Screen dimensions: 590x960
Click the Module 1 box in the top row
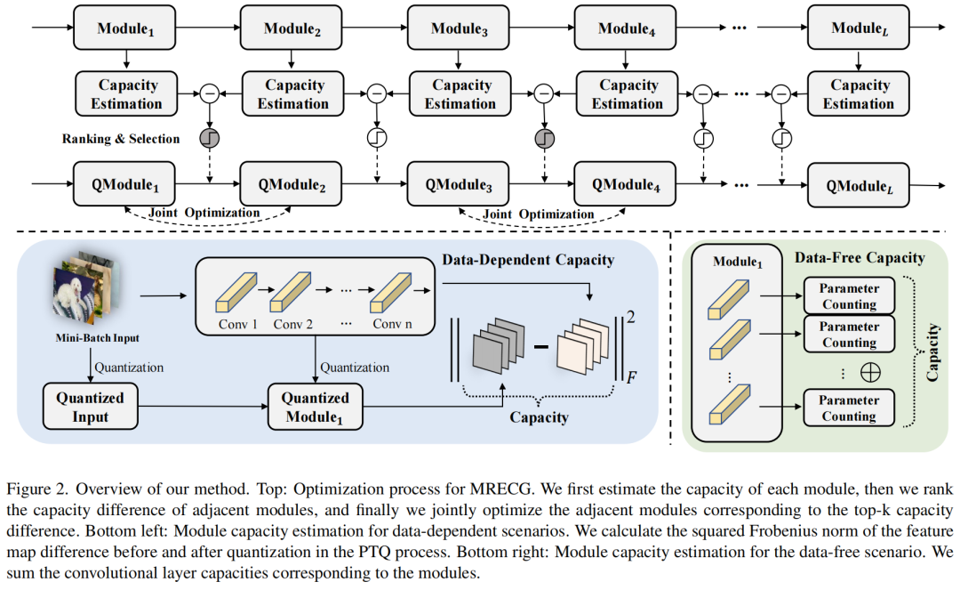pyautogui.click(x=125, y=29)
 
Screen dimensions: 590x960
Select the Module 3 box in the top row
pyautogui.click(x=460, y=29)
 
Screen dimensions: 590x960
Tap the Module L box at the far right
pyautogui.click(x=858, y=29)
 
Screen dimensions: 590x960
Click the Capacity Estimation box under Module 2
pyautogui.click(x=293, y=94)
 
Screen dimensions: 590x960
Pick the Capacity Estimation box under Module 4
pyautogui.click(x=628, y=94)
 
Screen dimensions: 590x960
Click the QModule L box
pyautogui.click(x=858, y=186)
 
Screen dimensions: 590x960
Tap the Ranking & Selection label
pyautogui.click(x=121, y=139)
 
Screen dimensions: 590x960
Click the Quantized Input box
pyautogui.click(x=90, y=407)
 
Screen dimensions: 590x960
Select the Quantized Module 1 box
pyautogui.click(x=316, y=407)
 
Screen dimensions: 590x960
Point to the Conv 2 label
pyautogui.click(x=294, y=324)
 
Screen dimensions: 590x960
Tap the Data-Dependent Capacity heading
pyautogui.click(x=527, y=260)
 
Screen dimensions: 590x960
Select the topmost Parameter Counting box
pyautogui.click(x=849, y=296)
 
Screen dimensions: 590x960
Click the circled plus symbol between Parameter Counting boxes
pyautogui.click(x=870, y=373)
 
